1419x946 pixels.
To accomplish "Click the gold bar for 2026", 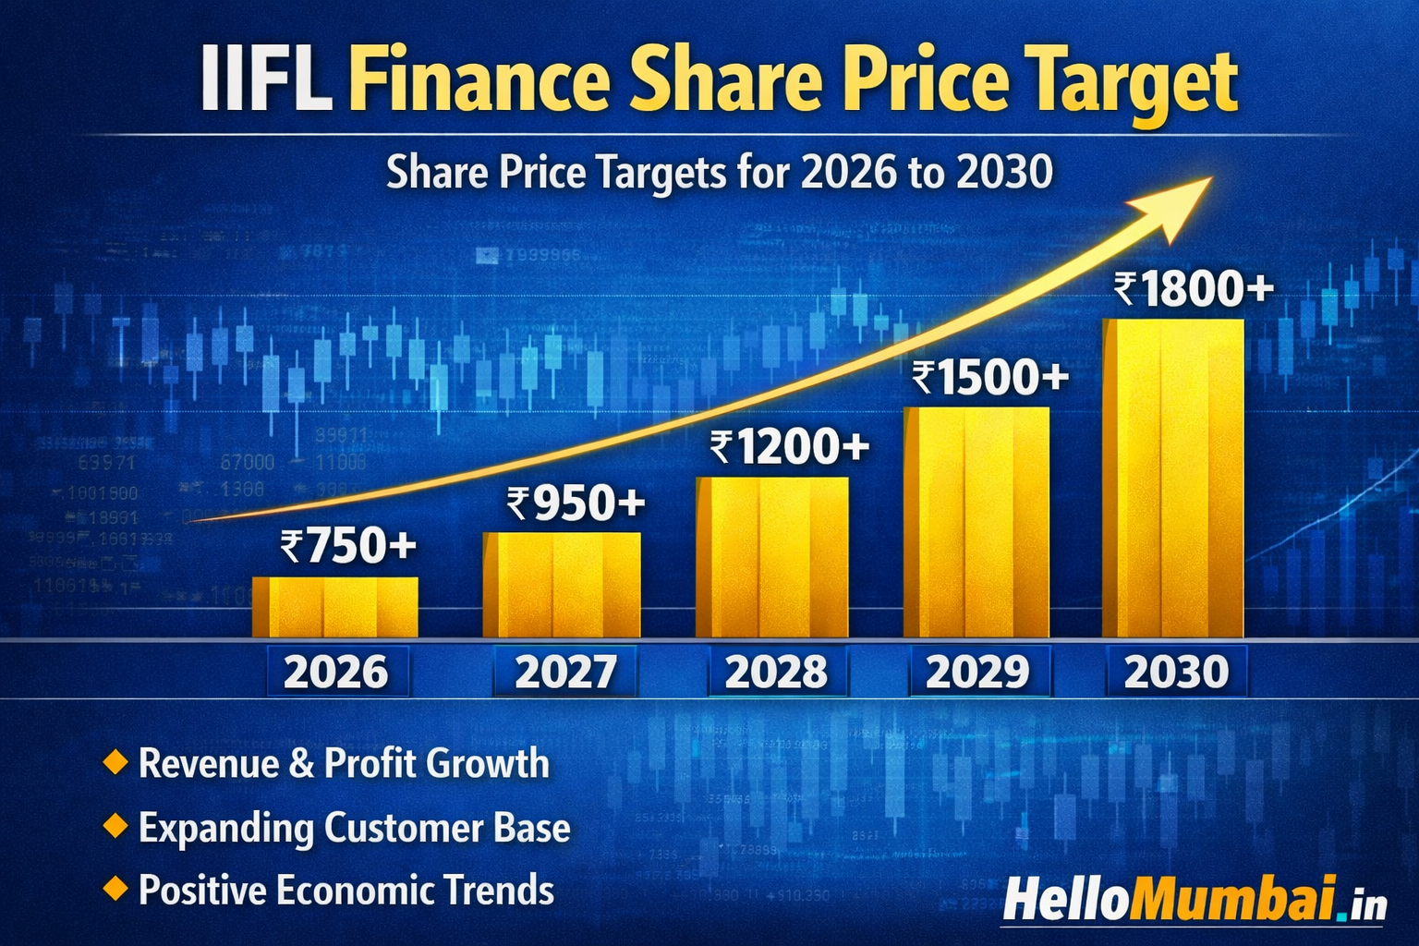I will [x=334, y=607].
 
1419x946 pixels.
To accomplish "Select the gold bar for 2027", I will [x=562, y=585].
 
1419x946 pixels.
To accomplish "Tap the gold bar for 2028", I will [x=772, y=557].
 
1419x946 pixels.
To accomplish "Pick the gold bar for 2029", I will [x=976, y=522].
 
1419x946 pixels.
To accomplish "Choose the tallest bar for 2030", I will [x=1173, y=479].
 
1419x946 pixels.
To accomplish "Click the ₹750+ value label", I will [x=348, y=546].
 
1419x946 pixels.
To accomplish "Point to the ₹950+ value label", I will [x=576, y=503].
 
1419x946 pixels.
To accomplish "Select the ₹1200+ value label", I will [x=790, y=447].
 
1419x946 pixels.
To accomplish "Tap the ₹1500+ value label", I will [x=990, y=378].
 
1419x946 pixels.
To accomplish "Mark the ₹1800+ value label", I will [x=1194, y=290].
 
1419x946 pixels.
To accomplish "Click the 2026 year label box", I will [x=336, y=672].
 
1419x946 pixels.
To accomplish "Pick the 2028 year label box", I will [x=776, y=672].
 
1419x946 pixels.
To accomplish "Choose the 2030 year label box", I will [x=1176, y=672].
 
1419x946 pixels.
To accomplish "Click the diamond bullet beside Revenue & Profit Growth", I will [x=115, y=763].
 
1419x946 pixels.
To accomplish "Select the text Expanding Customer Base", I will [x=354, y=827].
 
